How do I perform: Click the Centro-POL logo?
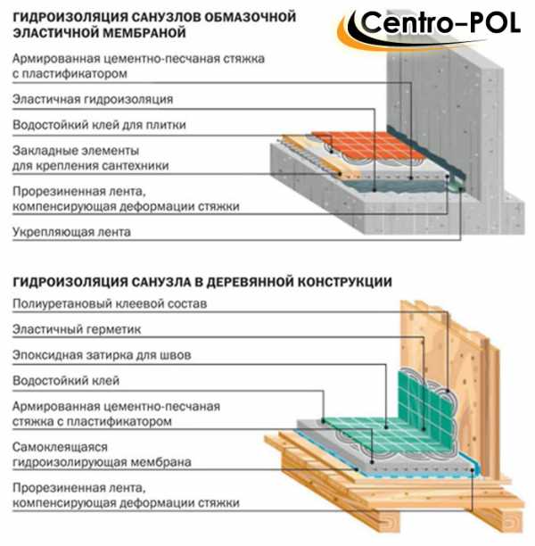point(429,28)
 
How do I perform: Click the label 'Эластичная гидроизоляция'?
point(93,100)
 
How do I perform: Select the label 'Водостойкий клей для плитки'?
point(99,125)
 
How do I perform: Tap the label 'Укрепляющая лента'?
point(71,232)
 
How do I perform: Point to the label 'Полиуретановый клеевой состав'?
point(110,303)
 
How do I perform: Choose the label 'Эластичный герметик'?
point(77,329)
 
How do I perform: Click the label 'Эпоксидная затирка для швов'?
point(102,355)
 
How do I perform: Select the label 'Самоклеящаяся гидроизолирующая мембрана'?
point(102,455)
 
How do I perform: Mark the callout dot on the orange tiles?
point(332,152)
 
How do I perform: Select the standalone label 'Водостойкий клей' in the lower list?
point(66,381)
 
